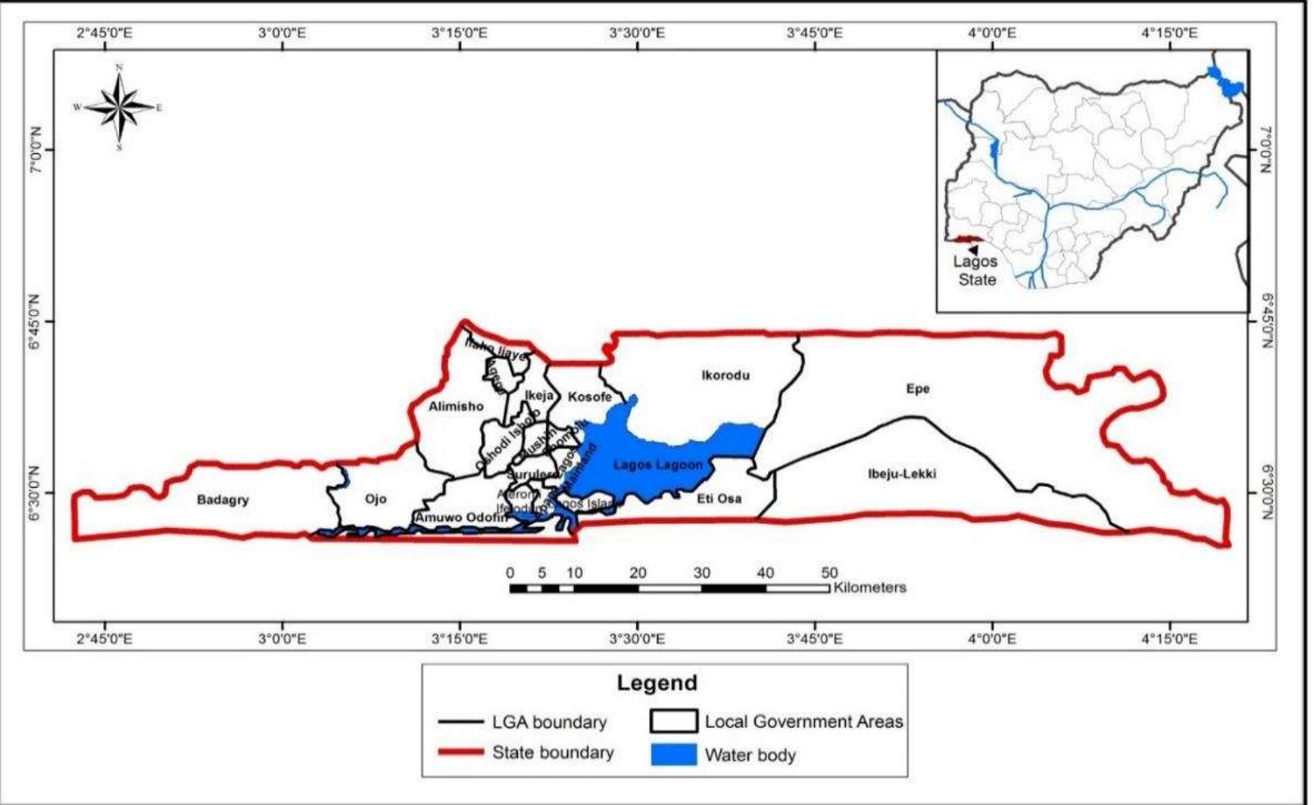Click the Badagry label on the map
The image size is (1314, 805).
(223, 499)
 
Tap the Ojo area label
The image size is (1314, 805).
(375, 498)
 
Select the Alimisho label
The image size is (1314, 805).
(456, 406)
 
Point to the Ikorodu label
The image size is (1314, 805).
(725, 375)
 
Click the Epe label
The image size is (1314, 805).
(917, 389)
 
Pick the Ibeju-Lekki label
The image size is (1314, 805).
(902, 473)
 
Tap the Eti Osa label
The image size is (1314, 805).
(719, 498)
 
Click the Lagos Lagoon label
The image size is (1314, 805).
(658, 465)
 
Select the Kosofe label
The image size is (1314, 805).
(590, 397)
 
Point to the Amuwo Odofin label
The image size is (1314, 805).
(461, 517)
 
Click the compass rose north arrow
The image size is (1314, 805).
(120, 82)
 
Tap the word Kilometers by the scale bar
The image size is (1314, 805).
(870, 588)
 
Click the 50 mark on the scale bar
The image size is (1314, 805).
(830, 573)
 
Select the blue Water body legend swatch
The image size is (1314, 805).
(673, 754)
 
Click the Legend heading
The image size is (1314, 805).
(657, 682)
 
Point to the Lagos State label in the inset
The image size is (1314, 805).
(975, 271)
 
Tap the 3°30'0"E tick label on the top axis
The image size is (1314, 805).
(637, 33)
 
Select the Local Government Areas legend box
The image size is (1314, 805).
(673, 721)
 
